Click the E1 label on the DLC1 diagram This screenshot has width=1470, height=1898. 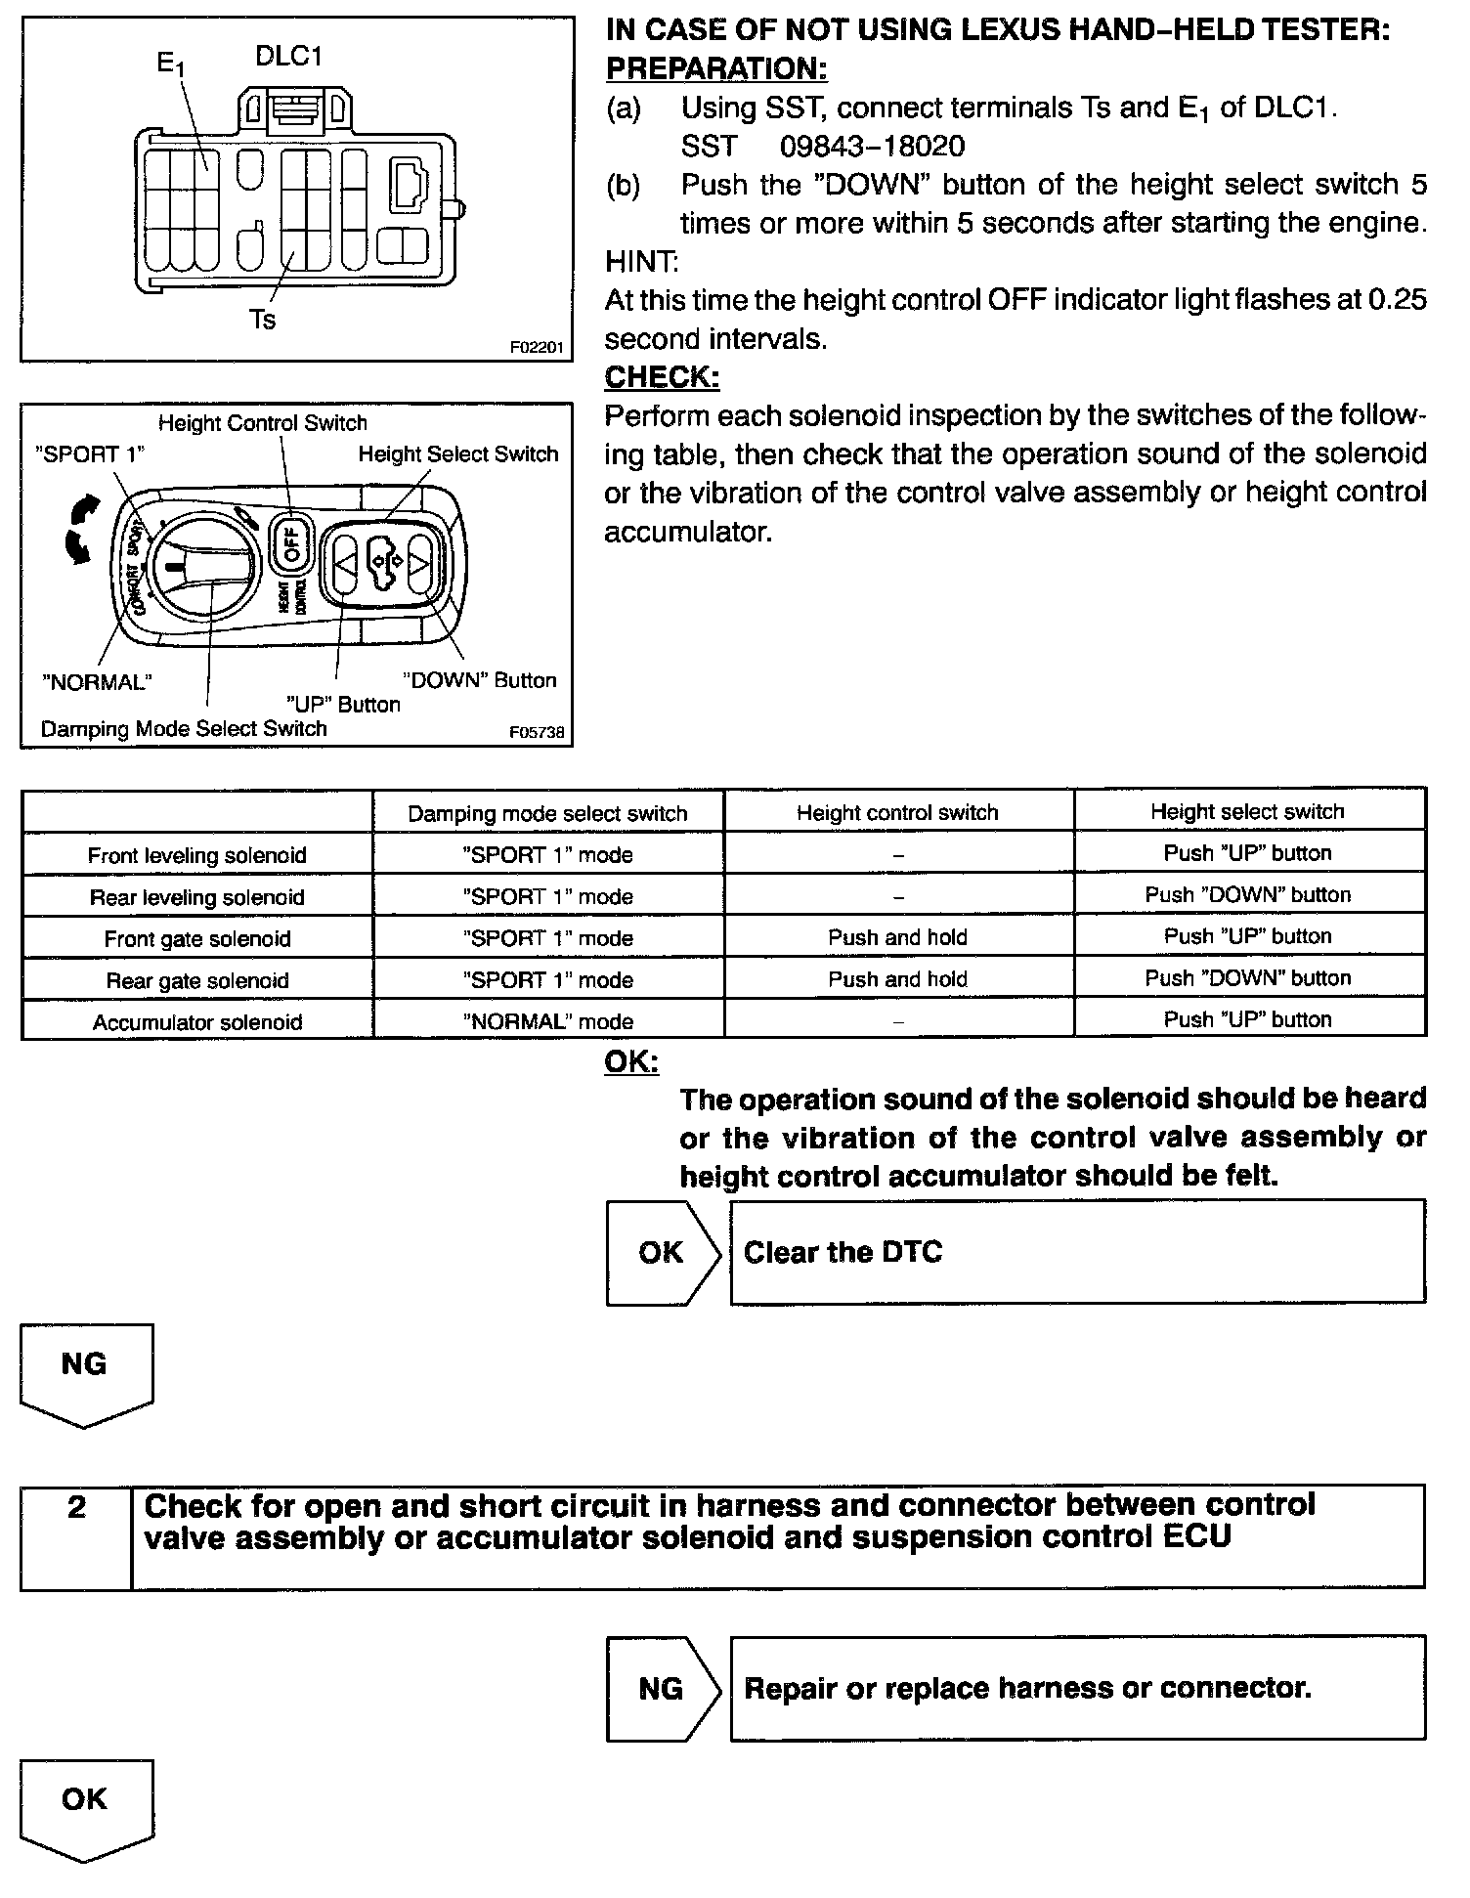click(x=170, y=65)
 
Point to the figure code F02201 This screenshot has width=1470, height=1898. click(x=537, y=346)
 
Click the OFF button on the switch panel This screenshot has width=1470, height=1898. click(x=292, y=540)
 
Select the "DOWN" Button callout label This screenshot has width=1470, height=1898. click(x=480, y=680)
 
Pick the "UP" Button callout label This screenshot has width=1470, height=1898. click(x=342, y=705)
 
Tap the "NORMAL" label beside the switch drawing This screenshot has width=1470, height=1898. click(x=97, y=682)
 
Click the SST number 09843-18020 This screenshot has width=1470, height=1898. click(x=872, y=147)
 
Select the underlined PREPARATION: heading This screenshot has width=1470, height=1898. click(x=716, y=69)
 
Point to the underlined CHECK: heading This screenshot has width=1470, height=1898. click(x=662, y=377)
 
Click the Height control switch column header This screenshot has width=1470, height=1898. click(x=897, y=812)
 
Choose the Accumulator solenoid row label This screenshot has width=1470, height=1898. click(x=197, y=1022)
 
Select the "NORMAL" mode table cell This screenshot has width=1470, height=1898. click(x=547, y=1021)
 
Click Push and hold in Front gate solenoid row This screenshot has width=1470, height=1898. click(x=897, y=937)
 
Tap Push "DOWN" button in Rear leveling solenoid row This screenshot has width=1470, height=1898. click(x=1247, y=894)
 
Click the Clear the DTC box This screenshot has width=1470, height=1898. click(x=1077, y=1253)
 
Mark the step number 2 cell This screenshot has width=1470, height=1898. click(x=76, y=1537)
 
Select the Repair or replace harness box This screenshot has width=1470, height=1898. click(x=1077, y=1688)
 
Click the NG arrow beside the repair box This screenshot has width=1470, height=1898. click(x=662, y=1688)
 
